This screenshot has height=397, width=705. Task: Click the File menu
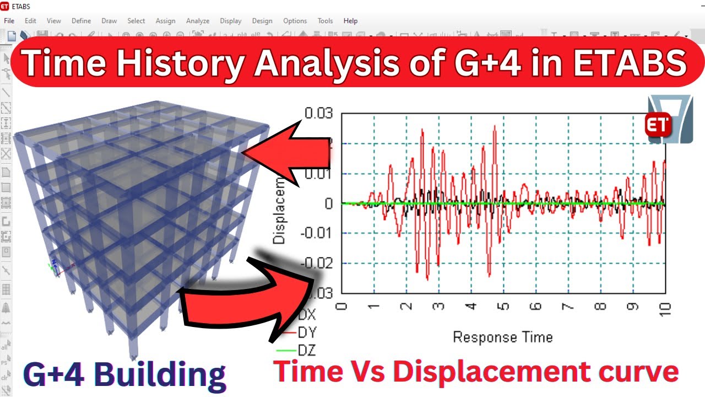coord(9,21)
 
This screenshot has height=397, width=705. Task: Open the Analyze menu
coord(198,21)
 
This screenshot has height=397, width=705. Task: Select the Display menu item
coord(230,21)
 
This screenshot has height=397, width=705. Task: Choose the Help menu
coord(350,21)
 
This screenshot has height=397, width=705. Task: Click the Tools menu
coord(325,21)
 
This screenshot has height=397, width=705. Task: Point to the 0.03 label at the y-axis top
coord(319,114)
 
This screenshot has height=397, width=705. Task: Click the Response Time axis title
coord(502,337)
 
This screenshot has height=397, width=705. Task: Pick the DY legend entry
coord(306,332)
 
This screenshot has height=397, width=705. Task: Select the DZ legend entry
coord(306,350)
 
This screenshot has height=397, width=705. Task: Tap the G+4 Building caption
coord(124,374)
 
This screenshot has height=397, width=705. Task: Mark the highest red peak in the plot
coord(495,126)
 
